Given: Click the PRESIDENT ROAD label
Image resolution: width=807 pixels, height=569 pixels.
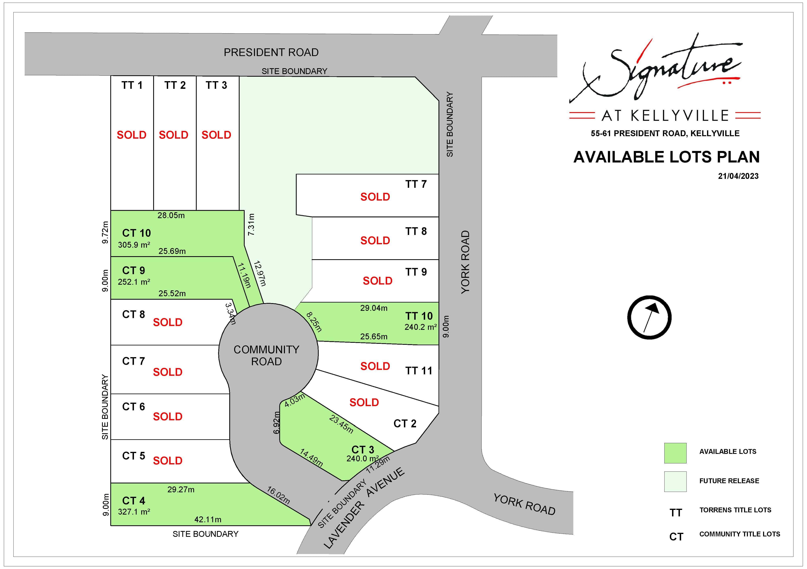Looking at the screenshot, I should click(271, 52).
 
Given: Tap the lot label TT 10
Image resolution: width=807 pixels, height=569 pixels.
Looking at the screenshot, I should click(419, 316).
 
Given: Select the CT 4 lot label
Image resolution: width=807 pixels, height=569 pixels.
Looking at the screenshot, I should click(134, 500).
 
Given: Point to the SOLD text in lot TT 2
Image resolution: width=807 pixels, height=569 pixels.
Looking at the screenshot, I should click(174, 135).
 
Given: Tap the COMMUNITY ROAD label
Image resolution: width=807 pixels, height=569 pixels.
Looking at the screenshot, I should click(267, 355).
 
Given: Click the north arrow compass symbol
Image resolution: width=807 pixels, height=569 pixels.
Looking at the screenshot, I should click(649, 317).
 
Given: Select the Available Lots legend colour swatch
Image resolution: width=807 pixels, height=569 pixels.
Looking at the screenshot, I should click(675, 453).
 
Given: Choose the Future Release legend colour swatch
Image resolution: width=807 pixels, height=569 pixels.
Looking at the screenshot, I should click(675, 482).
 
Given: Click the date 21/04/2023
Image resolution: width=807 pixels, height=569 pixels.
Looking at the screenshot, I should click(738, 176).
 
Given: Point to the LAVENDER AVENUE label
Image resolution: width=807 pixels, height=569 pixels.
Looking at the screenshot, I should click(364, 508).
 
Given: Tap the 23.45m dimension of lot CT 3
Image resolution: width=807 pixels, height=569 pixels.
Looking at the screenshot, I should click(341, 424).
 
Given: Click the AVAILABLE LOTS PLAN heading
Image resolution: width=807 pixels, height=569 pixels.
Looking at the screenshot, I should click(666, 157).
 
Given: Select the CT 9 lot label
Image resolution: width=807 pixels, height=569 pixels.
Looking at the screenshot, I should click(134, 270).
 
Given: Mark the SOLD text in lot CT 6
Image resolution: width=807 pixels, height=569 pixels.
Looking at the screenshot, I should click(168, 416).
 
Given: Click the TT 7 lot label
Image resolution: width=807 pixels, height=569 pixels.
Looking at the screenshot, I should click(416, 184).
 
